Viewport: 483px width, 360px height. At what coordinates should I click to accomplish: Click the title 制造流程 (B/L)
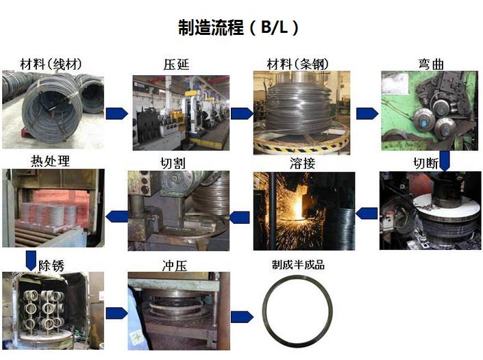pos(238,27)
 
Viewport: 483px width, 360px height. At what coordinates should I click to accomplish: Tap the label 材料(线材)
pos(51,64)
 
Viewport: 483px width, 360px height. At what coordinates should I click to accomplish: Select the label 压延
pos(176,64)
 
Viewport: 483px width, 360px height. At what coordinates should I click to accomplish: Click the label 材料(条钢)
pos(298,64)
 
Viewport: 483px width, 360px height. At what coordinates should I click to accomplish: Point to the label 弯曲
pos(431,64)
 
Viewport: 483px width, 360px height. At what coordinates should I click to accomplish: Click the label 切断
pos(426,163)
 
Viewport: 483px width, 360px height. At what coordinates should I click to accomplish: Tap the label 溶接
pos(303,163)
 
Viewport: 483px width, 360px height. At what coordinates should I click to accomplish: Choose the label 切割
pos(173,163)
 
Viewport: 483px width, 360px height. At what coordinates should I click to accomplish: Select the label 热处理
pos(50,161)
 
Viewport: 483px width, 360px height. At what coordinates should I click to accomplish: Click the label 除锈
pos(51,266)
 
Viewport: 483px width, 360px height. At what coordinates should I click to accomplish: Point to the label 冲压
pos(174,266)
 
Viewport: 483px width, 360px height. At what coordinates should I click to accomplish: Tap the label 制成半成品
pos(298,265)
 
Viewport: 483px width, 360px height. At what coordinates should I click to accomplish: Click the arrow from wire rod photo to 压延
pos(116,114)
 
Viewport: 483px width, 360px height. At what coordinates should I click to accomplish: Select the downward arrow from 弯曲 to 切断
pos(445,161)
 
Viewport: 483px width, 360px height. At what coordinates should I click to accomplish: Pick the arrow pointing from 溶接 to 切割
pos(239,217)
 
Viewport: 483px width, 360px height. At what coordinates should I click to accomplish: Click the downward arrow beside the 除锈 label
pos(31,261)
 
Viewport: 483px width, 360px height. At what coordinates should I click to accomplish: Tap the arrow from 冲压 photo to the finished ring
pos(242,317)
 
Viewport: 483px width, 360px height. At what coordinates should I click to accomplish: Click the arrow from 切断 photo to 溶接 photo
pos(367,214)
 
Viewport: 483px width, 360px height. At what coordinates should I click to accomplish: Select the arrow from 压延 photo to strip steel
pos(242,114)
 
